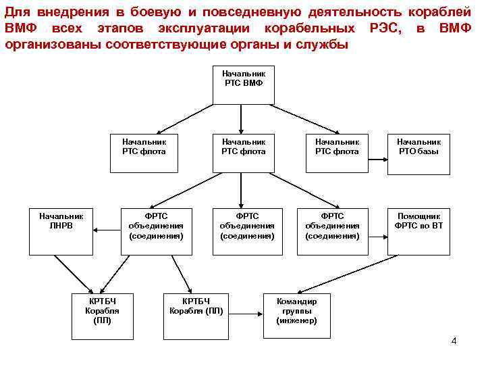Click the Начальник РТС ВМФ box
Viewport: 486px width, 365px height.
244,85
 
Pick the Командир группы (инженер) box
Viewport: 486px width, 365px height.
296,312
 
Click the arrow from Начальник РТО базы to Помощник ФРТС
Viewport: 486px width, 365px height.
418,191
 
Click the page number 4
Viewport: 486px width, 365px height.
454,340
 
